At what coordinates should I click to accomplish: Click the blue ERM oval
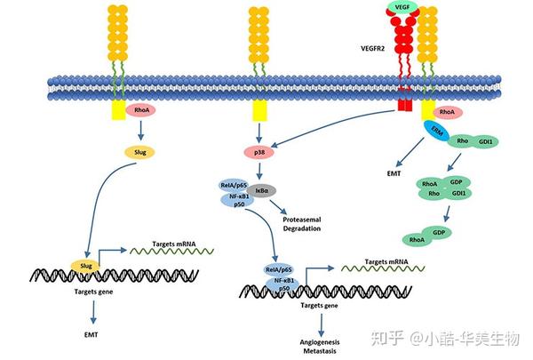click(438, 132)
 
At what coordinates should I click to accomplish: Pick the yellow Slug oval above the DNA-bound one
click(141, 151)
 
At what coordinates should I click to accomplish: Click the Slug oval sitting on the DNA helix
click(85, 265)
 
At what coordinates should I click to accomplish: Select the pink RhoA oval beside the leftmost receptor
click(141, 111)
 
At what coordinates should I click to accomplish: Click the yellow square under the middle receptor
click(259, 111)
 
